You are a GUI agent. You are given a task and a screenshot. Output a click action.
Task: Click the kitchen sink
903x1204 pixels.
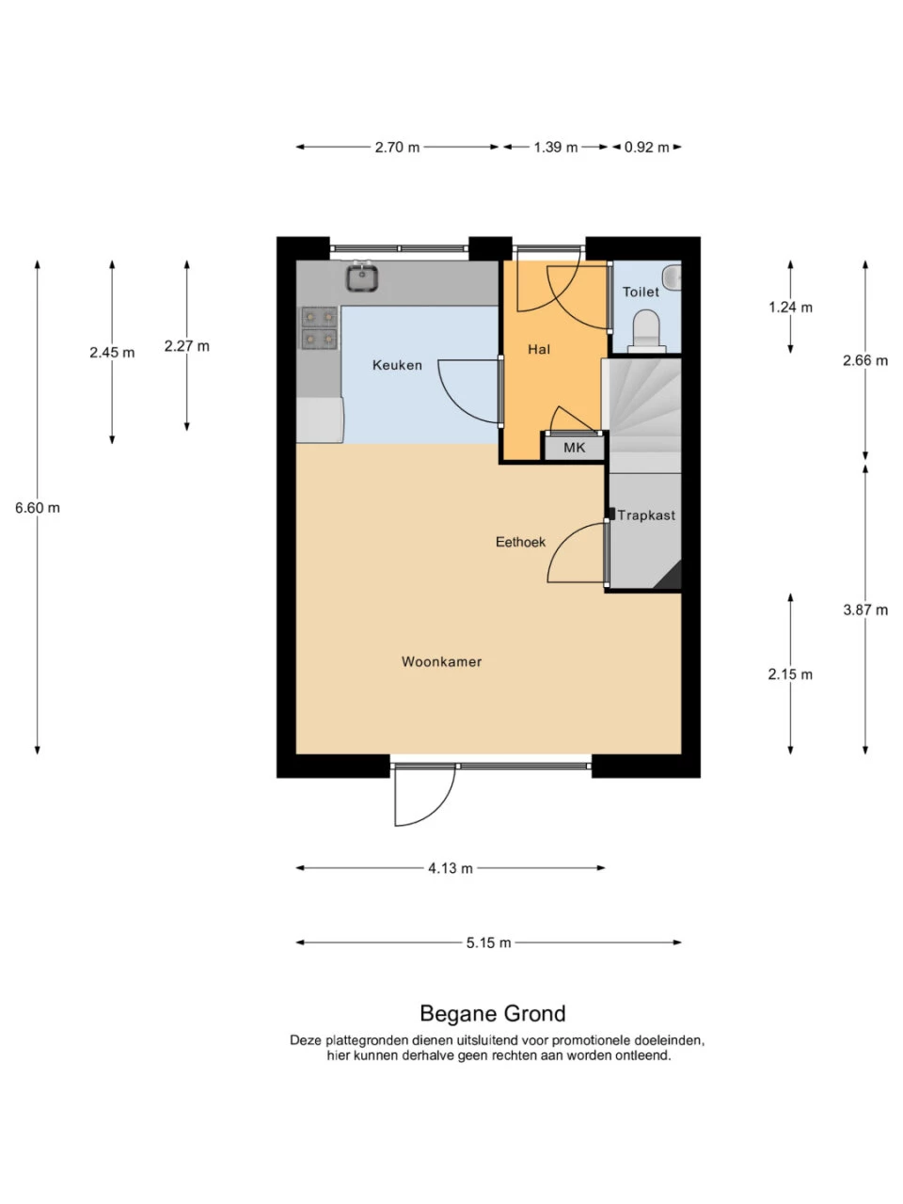(362, 277)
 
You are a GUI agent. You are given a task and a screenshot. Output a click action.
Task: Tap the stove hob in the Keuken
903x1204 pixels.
(320, 327)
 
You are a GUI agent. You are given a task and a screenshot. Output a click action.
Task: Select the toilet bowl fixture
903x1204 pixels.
(647, 331)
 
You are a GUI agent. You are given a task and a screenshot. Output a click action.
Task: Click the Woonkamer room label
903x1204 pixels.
(441, 661)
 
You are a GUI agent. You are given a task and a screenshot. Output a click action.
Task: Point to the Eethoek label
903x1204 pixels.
(520, 542)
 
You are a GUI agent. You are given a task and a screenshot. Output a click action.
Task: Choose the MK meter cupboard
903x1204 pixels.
(574, 447)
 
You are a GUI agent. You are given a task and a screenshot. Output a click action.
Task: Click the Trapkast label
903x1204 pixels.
(646, 515)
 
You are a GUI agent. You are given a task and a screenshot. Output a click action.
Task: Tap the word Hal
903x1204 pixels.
(539, 349)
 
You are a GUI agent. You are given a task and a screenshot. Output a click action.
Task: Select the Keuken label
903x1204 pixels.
(397, 365)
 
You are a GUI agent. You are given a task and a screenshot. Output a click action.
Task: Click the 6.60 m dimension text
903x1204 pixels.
(38, 508)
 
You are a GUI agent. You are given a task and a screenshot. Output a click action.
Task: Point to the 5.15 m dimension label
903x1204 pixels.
(488, 943)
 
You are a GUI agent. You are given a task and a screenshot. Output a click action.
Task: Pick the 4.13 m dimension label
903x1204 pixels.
(451, 868)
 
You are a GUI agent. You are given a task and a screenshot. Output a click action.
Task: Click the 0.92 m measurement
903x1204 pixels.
(646, 147)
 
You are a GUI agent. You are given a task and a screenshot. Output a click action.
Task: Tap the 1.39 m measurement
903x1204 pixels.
(556, 147)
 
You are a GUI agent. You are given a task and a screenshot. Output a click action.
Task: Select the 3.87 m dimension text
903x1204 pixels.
(865, 610)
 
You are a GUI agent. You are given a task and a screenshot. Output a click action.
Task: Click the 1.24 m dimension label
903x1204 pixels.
(790, 308)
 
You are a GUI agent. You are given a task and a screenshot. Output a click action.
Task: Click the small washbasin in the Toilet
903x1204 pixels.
(673, 277)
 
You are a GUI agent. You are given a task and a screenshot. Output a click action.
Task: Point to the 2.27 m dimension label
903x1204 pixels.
(186, 346)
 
